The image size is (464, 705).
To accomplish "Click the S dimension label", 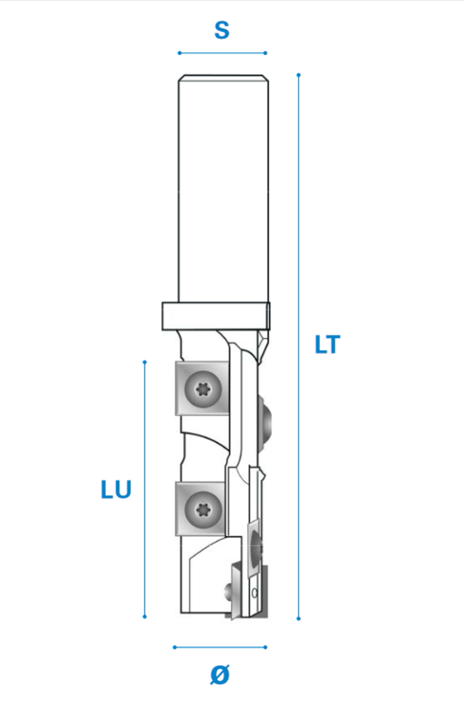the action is [x=222, y=31].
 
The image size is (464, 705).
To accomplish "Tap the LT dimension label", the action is [x=327, y=345].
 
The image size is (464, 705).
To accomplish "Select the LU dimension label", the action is [x=116, y=489].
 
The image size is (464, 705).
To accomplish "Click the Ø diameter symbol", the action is [x=220, y=675].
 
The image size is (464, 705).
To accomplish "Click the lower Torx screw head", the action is [x=203, y=510].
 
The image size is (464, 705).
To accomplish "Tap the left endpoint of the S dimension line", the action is [x=180, y=53].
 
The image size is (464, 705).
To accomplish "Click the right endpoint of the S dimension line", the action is [x=266, y=53].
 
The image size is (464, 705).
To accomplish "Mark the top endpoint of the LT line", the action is [x=298, y=75].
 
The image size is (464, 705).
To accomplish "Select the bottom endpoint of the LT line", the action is [x=298, y=618].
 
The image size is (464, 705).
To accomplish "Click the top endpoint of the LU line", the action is [x=145, y=362].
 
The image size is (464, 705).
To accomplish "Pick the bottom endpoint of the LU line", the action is [x=145, y=616].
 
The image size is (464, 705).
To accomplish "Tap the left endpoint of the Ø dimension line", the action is [x=175, y=648].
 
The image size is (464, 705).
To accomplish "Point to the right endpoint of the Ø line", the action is [x=266, y=648].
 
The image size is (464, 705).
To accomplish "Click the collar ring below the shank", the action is [x=216, y=316].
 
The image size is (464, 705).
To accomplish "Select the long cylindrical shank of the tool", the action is [x=224, y=189].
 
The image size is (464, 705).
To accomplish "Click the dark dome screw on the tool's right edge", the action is [x=266, y=422].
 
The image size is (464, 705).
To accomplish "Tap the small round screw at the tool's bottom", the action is [x=228, y=591].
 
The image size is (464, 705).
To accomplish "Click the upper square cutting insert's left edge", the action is [x=176, y=387].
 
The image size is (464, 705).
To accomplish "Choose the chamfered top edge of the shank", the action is [x=224, y=78].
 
